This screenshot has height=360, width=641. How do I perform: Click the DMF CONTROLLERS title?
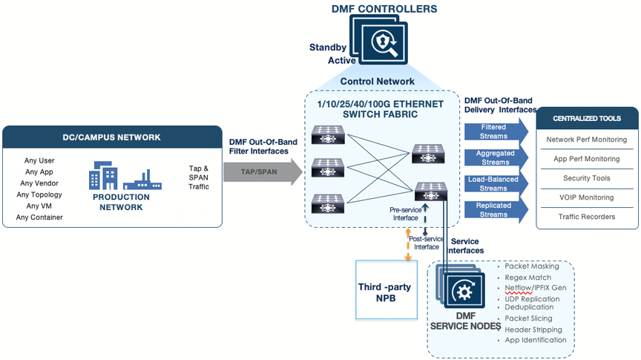(384, 9)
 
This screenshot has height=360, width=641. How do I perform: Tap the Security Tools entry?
(586, 178)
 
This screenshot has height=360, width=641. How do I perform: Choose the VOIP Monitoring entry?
(586, 197)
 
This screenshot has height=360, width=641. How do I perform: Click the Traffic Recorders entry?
(586, 217)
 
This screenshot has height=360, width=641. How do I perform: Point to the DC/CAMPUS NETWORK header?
(111, 137)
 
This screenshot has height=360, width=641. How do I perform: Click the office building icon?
(103, 176)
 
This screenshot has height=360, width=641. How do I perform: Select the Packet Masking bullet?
(532, 266)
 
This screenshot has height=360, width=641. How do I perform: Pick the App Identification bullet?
(536, 340)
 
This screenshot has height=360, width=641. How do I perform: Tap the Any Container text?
(39, 217)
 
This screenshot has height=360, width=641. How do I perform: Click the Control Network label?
(377, 81)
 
